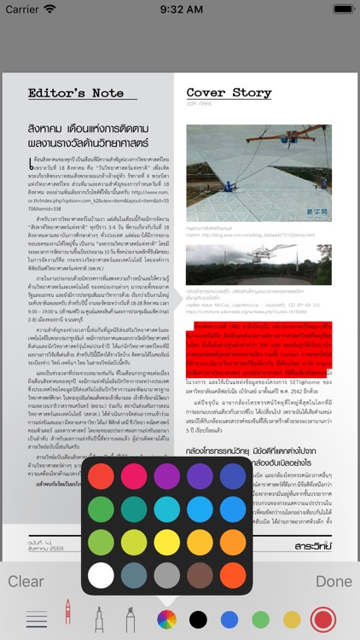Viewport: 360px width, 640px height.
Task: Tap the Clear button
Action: pyautogui.click(x=26, y=581)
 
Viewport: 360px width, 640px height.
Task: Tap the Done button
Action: pyautogui.click(x=334, y=581)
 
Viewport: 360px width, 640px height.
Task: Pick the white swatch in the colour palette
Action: pyautogui.click(x=101, y=550)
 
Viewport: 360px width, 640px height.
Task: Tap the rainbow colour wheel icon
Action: pyautogui.click(x=167, y=619)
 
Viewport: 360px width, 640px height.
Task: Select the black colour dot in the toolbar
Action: pyautogui.click(x=198, y=619)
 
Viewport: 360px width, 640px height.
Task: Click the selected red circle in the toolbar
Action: pyautogui.click(x=323, y=619)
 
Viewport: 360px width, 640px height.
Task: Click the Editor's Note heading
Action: pyautogui.click(x=76, y=93)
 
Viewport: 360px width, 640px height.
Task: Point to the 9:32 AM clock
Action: pyautogui.click(x=180, y=9)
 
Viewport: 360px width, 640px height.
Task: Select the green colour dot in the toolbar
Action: pyautogui.click(x=260, y=619)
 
